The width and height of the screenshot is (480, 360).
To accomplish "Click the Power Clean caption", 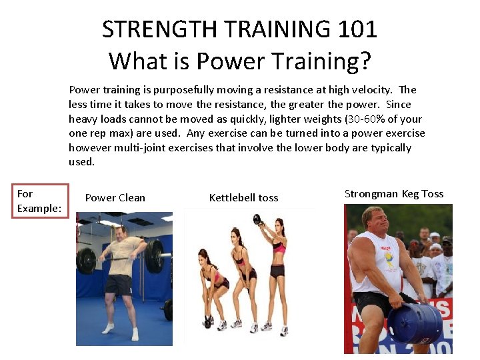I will click(115, 197).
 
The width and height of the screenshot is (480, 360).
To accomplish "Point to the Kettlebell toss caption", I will click(243, 197).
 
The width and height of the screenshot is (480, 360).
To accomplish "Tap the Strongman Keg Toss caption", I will click(394, 193).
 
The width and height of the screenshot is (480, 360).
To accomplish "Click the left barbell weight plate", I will click(86, 261).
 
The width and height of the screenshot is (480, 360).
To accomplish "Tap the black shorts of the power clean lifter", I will click(119, 286).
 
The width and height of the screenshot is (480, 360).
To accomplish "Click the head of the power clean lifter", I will click(121, 233).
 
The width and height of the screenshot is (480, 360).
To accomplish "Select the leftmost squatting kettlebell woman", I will click(213, 287).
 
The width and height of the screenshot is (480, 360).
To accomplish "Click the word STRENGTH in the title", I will click(159, 29).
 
